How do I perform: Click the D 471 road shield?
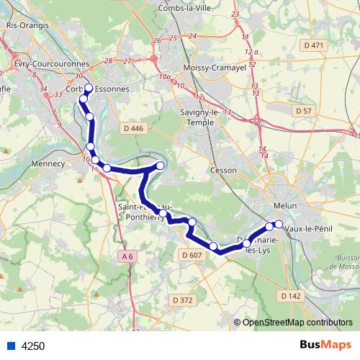tap(314, 45)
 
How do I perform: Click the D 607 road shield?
tap(192, 255)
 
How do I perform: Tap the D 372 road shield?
tap(184, 300)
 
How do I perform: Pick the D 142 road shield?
tap(289, 296)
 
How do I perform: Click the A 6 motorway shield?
tap(127, 256)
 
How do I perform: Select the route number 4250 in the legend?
tap(33, 346)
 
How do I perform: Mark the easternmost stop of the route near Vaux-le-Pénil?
tap(279, 224)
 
